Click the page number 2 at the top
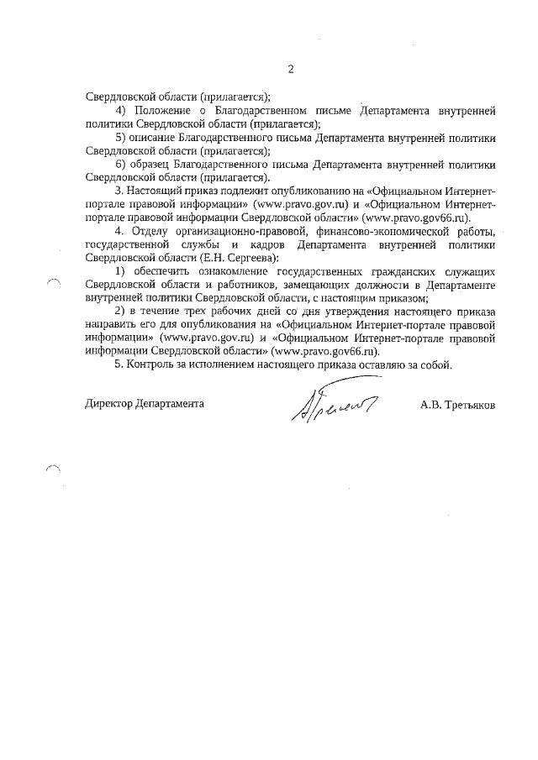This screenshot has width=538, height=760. pyautogui.click(x=290, y=70)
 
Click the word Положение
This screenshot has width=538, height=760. pyautogui.click(x=165, y=111)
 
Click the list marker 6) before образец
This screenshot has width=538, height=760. pyautogui.click(x=119, y=164)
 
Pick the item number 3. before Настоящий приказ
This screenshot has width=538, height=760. pyautogui.click(x=119, y=191)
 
